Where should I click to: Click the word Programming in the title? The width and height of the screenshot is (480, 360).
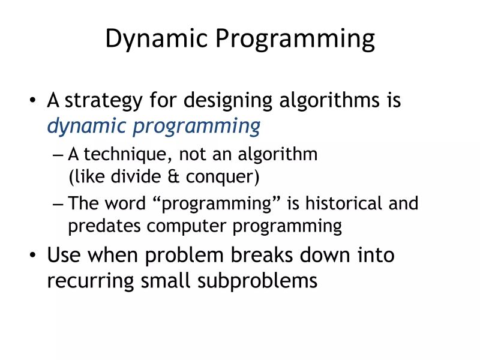pyautogui.click(x=295, y=40)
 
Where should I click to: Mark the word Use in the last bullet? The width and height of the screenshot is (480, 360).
pyautogui.click(x=64, y=255)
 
